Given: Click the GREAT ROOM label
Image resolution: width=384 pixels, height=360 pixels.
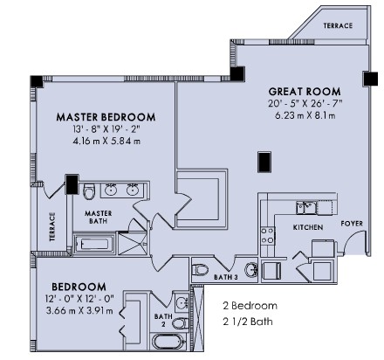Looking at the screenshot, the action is click(305, 92).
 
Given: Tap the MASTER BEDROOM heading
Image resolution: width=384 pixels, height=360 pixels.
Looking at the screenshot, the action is click(106, 117).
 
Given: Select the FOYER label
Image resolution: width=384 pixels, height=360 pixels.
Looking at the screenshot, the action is click(352, 224).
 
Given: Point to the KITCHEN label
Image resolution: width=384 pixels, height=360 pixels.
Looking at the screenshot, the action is click(308, 227).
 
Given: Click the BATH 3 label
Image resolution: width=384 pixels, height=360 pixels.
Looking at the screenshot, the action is click(226, 277).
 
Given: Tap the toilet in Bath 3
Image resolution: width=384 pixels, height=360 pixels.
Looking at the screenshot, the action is click(200, 269).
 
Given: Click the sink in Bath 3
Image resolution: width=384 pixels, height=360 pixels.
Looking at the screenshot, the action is click(250, 270).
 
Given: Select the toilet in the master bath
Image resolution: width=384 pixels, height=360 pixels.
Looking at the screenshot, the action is click(89, 191).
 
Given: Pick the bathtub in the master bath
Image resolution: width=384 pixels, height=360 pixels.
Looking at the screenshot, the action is click(94, 244).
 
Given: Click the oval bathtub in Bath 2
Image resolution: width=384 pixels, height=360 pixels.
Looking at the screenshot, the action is click(168, 342).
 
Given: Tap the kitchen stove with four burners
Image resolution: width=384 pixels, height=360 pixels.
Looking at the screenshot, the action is click(267, 235).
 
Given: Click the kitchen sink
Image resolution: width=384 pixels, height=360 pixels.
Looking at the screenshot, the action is click(305, 208).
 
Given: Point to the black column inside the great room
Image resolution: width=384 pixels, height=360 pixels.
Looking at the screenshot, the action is click(264, 162).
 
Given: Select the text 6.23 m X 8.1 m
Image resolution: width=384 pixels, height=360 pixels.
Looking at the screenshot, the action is click(305, 115).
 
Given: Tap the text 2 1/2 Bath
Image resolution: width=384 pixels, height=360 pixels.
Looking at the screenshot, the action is click(248, 322).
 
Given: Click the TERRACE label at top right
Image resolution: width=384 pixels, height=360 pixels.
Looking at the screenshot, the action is click(338, 25).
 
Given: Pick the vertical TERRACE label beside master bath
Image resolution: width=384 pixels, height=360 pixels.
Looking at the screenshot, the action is click(52, 227).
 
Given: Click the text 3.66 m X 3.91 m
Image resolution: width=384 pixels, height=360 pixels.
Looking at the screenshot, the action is click(79, 310).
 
